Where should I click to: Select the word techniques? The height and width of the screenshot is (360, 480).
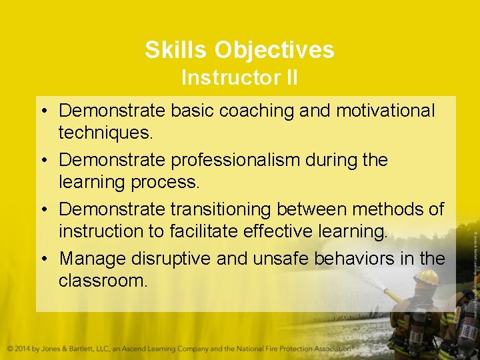pyautogui.click(x=105, y=132)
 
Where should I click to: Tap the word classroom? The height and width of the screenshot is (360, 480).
pyautogui.click(x=103, y=280)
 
